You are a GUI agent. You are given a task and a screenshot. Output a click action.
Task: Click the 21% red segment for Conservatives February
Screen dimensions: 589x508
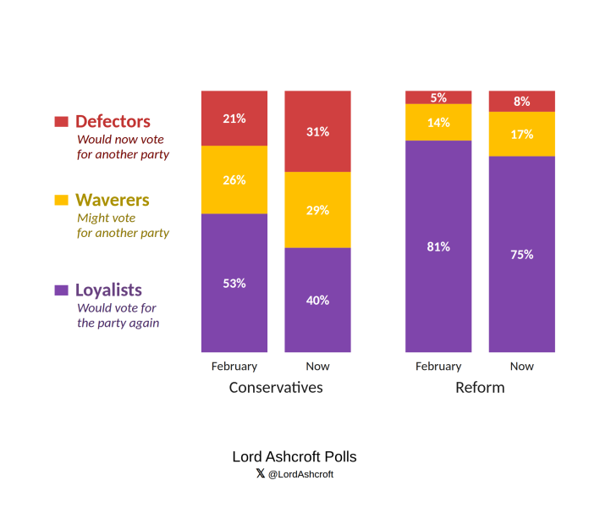234,118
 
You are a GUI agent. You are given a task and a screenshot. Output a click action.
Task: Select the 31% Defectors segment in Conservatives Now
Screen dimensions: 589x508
318,131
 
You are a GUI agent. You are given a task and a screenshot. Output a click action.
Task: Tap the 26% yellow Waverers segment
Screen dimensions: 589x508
234,179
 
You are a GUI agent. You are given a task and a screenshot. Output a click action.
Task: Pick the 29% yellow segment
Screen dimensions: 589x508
318,210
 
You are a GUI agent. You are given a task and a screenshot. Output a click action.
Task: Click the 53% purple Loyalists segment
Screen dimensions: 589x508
234,283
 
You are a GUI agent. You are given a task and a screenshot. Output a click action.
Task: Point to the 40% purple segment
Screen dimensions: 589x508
318,300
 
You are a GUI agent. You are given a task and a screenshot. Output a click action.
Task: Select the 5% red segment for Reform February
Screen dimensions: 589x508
438,97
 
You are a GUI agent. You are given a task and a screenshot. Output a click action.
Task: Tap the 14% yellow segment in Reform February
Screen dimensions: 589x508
438,123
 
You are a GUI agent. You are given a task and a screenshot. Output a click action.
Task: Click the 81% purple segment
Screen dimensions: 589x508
438,246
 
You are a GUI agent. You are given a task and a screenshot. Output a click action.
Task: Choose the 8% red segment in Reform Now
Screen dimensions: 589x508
522,101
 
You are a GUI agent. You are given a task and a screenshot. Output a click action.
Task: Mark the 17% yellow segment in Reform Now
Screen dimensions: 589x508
522,134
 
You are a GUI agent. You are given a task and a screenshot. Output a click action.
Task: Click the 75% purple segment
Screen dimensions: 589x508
522,254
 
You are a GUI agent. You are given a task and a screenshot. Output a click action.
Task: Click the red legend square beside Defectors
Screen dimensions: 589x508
61,121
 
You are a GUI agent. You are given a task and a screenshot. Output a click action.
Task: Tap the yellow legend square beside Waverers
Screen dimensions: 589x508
61,200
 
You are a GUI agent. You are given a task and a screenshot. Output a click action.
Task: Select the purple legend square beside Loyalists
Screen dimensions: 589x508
61,290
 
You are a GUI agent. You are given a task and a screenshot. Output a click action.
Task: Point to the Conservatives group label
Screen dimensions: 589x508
276,388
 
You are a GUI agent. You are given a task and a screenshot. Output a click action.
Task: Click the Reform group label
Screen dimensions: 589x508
480,388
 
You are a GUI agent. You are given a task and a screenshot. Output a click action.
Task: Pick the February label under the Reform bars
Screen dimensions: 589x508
438,367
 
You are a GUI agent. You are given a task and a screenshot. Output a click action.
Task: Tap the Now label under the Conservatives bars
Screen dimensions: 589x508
318,366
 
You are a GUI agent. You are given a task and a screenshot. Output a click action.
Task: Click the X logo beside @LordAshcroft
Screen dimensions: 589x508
261,473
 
